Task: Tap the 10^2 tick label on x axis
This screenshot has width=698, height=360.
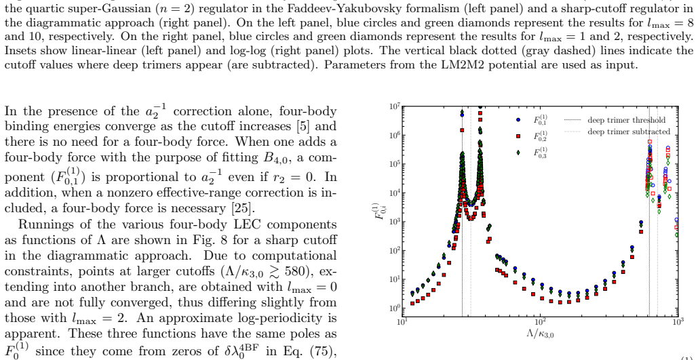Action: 540,322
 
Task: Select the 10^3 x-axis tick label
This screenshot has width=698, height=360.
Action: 678,322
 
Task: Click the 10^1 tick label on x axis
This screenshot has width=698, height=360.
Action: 402,322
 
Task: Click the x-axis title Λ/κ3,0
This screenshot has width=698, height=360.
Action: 540,334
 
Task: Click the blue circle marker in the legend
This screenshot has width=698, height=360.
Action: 518,120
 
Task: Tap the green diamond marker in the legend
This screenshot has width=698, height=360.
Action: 518,152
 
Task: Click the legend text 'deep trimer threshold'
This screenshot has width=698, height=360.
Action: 626,120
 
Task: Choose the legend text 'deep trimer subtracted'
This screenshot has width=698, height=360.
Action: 629,132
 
